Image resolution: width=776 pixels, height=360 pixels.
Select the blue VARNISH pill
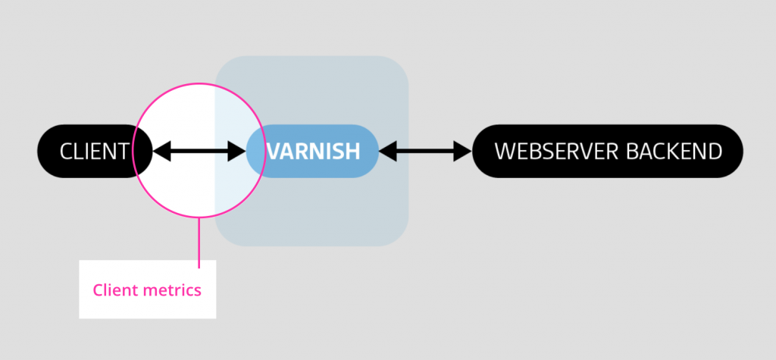pyautogui.click(x=312, y=152)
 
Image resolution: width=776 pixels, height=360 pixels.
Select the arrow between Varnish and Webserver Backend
pyautogui.click(x=425, y=152)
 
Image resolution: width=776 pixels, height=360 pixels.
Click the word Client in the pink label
pyautogui.click(x=113, y=290)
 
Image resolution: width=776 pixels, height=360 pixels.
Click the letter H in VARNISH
pyautogui.click(x=353, y=152)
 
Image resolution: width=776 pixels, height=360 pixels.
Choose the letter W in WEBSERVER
pyautogui.click(x=505, y=152)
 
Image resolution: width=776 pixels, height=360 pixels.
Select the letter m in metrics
pyautogui.click(x=149, y=290)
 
